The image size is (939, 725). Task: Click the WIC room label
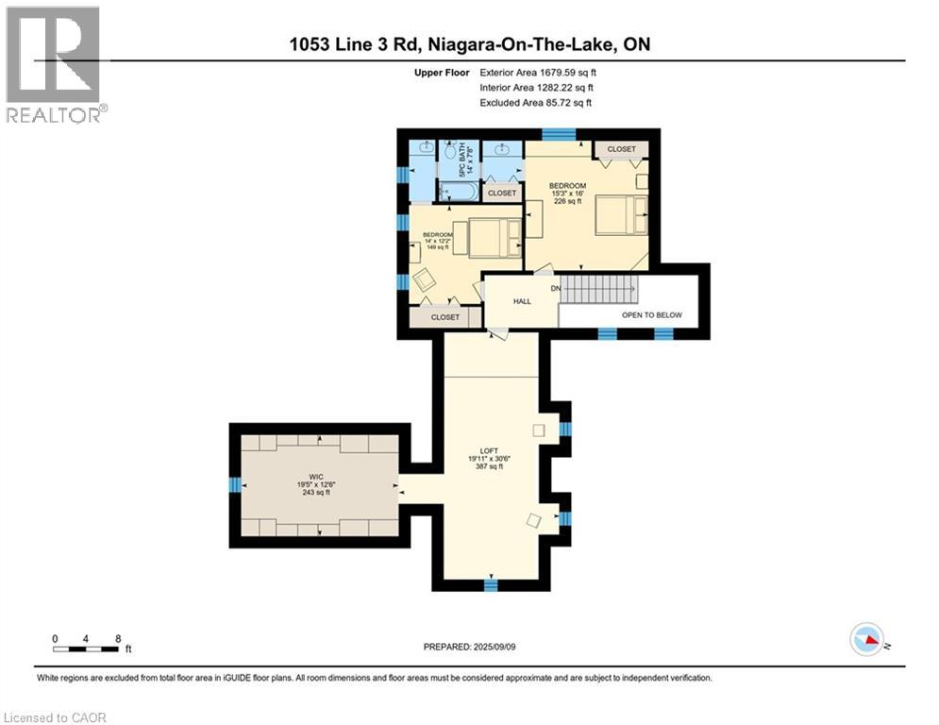pyautogui.click(x=316, y=477)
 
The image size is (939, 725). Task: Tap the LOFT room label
pyautogui.click(x=489, y=450)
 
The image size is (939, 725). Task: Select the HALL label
pyautogui.click(x=522, y=301)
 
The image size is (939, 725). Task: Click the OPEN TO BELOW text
pyautogui.click(x=651, y=315)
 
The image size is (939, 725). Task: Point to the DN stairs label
pyautogui.click(x=556, y=288)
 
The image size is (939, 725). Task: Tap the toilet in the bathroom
pyautogui.click(x=451, y=150)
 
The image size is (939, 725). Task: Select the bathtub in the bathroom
pyautogui.click(x=458, y=191)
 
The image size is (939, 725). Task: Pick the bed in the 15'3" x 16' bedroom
pyautogui.click(x=622, y=214)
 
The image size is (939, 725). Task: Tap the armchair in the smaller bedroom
pyautogui.click(x=425, y=278)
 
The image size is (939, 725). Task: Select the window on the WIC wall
pyautogui.click(x=235, y=484)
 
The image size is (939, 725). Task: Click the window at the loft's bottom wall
pyautogui.click(x=491, y=584)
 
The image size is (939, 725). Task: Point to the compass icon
pyautogui.click(x=866, y=639)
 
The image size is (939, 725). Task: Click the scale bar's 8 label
pyautogui.click(x=118, y=639)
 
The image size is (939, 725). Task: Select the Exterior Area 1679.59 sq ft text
pyautogui.click(x=538, y=73)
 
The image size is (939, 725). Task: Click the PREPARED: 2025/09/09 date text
pyautogui.click(x=470, y=647)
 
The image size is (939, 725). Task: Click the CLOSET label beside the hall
pyautogui.click(x=444, y=317)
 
